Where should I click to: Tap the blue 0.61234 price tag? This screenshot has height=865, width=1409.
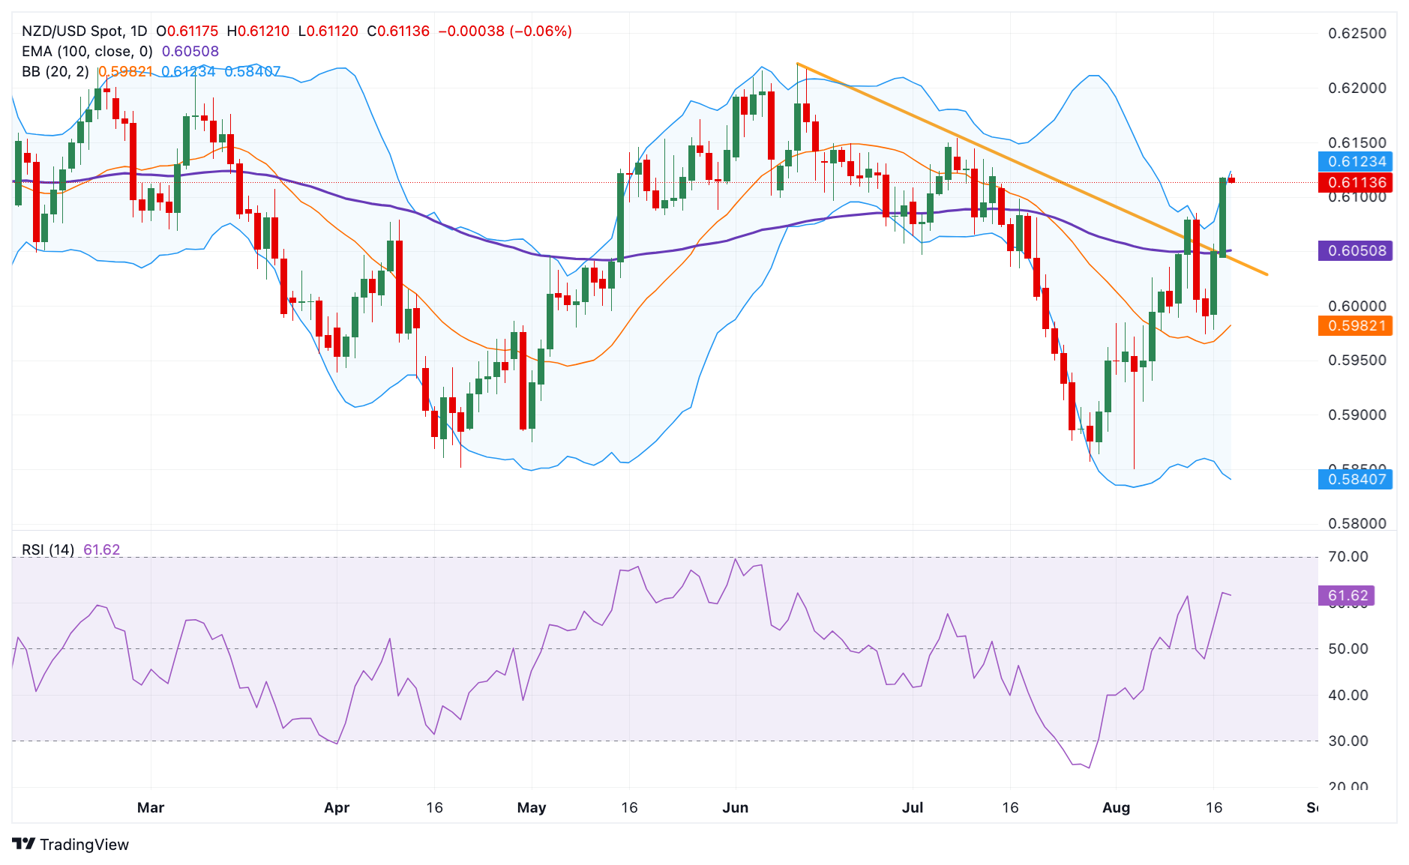1356,161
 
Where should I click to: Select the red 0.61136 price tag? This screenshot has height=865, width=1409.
1356,182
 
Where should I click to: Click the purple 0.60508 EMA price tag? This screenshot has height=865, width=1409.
1356,250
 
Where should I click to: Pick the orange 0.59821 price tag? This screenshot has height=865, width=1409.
1356,325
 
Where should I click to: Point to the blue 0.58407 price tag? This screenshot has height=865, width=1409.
1356,479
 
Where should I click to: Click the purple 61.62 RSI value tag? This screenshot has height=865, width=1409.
1347,596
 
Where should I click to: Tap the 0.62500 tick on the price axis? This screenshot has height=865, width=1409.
1357,34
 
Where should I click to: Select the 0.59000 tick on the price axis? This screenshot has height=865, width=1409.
1357,415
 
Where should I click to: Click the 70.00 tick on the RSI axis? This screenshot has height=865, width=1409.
1348,556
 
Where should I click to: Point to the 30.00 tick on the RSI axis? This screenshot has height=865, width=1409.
1348,741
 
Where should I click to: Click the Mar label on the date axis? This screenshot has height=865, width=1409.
151,807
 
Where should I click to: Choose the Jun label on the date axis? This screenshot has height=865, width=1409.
735,807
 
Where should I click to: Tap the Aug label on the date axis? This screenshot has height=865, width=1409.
1116,807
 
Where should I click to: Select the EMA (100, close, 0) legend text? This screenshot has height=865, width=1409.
87,52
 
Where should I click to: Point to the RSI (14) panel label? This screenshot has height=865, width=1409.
48,549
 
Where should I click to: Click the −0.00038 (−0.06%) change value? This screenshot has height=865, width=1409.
505,31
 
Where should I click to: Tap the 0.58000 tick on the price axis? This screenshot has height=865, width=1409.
1357,523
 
